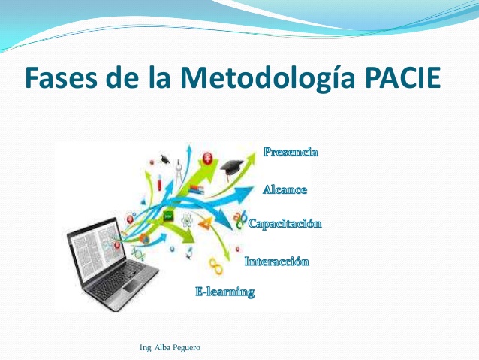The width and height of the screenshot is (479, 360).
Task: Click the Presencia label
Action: tap(291, 153)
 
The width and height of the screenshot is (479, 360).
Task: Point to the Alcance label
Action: tap(285, 189)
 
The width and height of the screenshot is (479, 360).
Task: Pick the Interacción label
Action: tap(277, 262)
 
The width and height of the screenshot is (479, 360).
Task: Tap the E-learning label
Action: tap(224, 292)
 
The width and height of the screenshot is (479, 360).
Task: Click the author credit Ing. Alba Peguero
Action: tap(170, 348)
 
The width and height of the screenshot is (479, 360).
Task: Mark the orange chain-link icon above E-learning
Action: tap(215, 266)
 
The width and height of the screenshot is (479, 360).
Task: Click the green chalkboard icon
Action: tap(169, 216)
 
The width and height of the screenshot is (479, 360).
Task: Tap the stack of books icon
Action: tap(197, 189)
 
